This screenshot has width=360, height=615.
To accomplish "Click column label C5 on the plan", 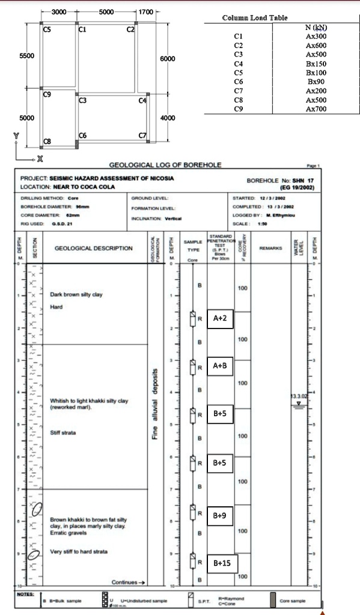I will click(47, 28).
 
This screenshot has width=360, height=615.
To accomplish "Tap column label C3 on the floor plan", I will click(82, 100).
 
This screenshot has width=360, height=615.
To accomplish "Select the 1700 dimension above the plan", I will click(146, 12).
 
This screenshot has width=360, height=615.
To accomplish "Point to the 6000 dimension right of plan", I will click(168, 59).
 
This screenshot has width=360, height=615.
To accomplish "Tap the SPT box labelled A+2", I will click(220, 318).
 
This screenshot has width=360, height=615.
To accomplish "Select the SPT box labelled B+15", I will click(222, 563).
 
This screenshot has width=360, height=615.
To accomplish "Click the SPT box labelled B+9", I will click(220, 515).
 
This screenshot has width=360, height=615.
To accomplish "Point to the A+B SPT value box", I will click(220, 366).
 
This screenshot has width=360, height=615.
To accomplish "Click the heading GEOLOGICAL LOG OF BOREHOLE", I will click(165, 165).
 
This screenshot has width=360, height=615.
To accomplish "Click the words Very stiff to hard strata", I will click(78, 551).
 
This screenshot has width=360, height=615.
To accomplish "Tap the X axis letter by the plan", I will click(40, 159).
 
